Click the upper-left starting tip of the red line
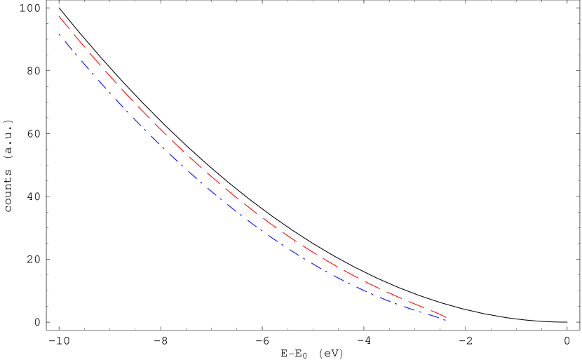[x=59, y=15]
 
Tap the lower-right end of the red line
[x=446, y=317]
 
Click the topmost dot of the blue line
[x=60, y=34]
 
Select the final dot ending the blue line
[x=445, y=320]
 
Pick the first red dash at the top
[x=65, y=22]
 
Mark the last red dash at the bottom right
[x=439, y=314]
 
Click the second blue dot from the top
[x=76, y=54]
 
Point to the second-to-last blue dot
[x=420, y=312]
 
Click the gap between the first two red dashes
[x=72, y=32]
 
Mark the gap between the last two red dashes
[x=428, y=309]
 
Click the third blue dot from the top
[x=93, y=74]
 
